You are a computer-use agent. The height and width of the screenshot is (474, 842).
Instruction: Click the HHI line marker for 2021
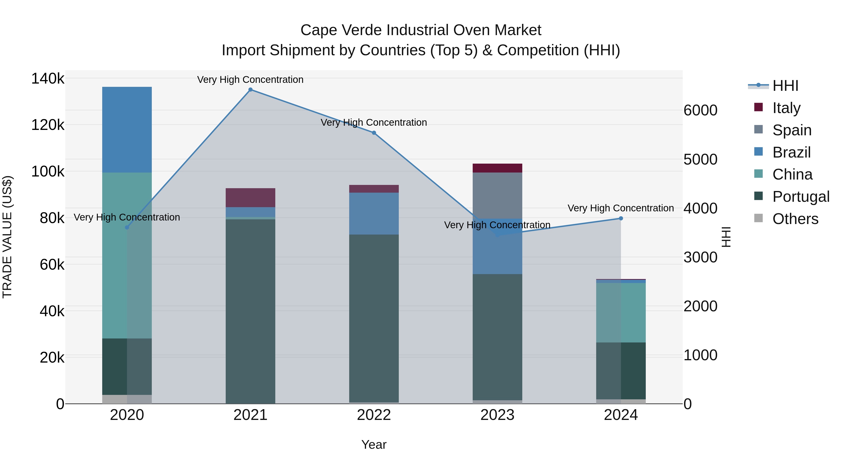coord(250,90)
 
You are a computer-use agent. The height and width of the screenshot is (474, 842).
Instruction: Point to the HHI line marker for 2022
coord(374,133)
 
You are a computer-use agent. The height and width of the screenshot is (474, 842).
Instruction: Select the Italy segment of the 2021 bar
coord(250,198)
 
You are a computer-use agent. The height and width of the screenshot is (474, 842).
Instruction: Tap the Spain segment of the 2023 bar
coord(497,195)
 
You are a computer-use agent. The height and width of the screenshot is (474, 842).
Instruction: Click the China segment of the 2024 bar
coord(621,312)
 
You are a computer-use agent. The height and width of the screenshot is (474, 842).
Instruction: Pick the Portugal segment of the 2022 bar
coord(374,318)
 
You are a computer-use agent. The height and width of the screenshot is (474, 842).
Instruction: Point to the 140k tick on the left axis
coord(48,79)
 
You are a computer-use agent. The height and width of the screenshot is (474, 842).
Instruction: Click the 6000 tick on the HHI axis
coord(700,110)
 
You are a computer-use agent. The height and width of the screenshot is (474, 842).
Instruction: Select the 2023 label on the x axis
coord(497,415)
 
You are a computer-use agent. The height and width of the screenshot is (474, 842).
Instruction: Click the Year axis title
coord(374,445)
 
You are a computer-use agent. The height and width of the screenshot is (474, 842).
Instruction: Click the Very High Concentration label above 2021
coord(250,80)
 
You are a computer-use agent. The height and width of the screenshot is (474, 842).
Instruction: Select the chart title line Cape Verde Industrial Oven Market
coord(421,30)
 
